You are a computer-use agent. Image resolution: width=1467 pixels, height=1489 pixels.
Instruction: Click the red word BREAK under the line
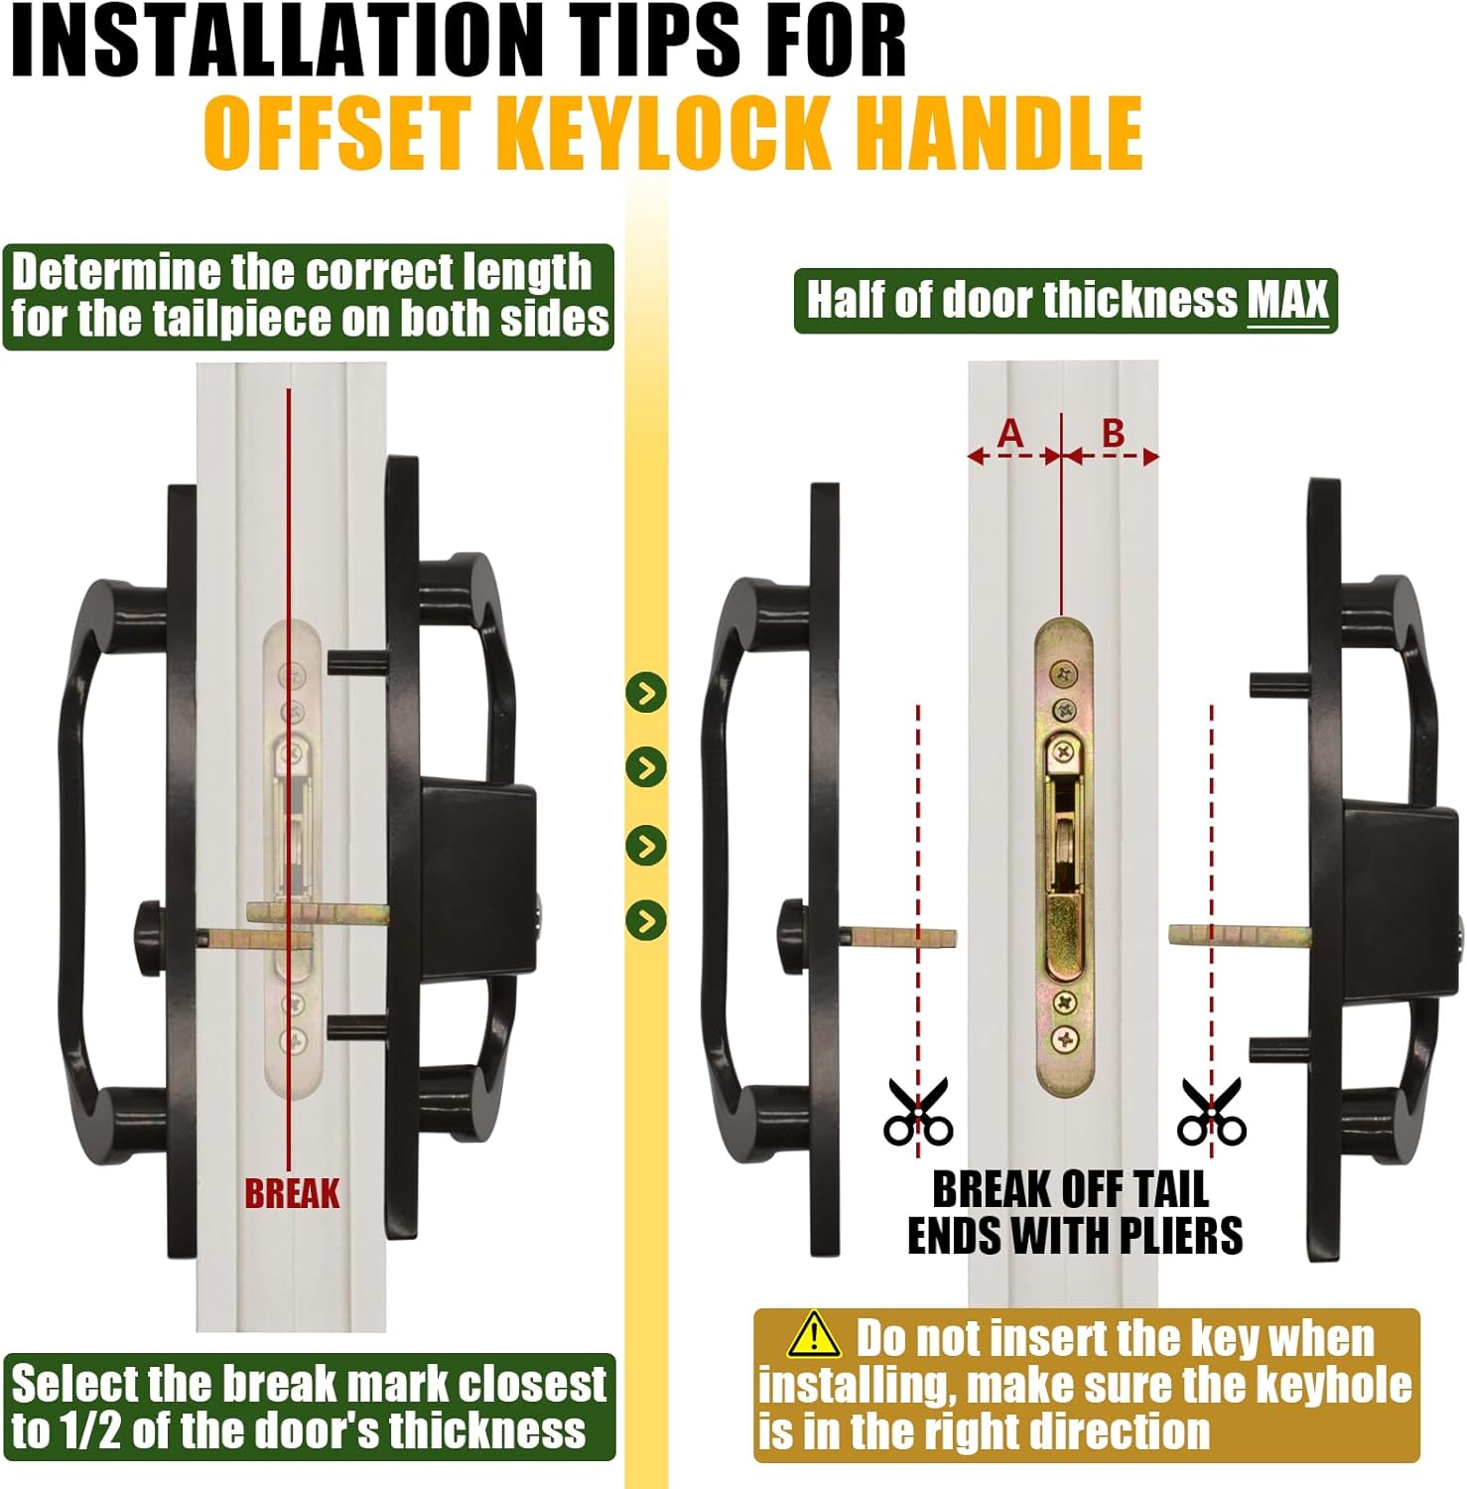[292, 1193]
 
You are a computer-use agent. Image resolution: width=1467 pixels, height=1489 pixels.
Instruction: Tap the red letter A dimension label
[1010, 433]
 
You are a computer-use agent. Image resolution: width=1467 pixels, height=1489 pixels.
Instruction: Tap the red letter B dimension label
[1114, 433]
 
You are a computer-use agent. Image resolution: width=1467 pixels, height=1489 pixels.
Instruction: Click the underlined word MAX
[1287, 299]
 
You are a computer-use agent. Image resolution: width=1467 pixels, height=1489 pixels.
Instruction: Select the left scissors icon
[917, 1112]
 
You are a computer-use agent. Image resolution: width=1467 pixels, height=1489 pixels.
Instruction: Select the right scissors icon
[1211, 1112]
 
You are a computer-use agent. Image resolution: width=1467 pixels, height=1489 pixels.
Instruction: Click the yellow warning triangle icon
[813, 1335]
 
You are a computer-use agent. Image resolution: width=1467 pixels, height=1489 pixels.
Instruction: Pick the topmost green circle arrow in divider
[646, 692]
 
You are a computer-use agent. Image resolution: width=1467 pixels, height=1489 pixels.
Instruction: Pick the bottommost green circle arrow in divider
[646, 920]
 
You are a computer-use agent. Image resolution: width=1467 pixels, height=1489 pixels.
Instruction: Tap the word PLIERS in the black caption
[1180, 1236]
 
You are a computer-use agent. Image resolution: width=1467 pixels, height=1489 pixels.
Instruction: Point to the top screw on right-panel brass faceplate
[1063, 674]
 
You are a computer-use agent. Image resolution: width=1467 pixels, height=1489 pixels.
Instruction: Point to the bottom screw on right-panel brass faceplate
[1063, 1039]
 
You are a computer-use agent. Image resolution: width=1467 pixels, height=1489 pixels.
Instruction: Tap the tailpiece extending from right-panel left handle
[898, 935]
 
